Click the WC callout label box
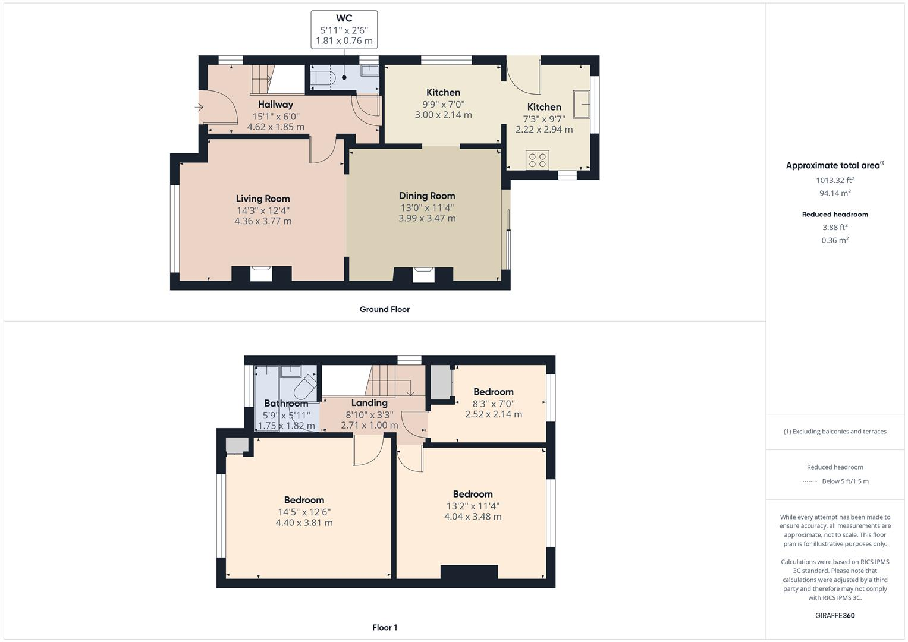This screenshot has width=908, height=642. point(344,29)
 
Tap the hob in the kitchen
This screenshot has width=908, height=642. point(538,160)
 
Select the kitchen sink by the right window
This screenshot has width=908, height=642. point(581,104)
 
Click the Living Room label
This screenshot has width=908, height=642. point(263,199)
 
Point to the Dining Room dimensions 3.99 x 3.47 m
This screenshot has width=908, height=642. point(427,218)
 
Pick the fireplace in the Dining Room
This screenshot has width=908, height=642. point(423,274)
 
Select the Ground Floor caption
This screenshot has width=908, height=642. point(384,309)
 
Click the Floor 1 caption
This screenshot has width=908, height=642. point(384,627)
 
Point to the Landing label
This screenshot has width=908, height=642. point(369,403)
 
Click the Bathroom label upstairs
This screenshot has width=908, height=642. point(286,404)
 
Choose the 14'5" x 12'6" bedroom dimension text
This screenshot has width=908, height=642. point(304,512)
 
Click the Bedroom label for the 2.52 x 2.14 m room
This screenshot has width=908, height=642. point(493,392)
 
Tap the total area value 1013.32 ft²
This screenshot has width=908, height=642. point(835,180)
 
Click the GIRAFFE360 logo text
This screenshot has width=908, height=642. point(835,615)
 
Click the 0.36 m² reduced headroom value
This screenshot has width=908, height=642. point(835,240)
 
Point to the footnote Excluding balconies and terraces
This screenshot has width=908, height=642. point(835,432)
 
